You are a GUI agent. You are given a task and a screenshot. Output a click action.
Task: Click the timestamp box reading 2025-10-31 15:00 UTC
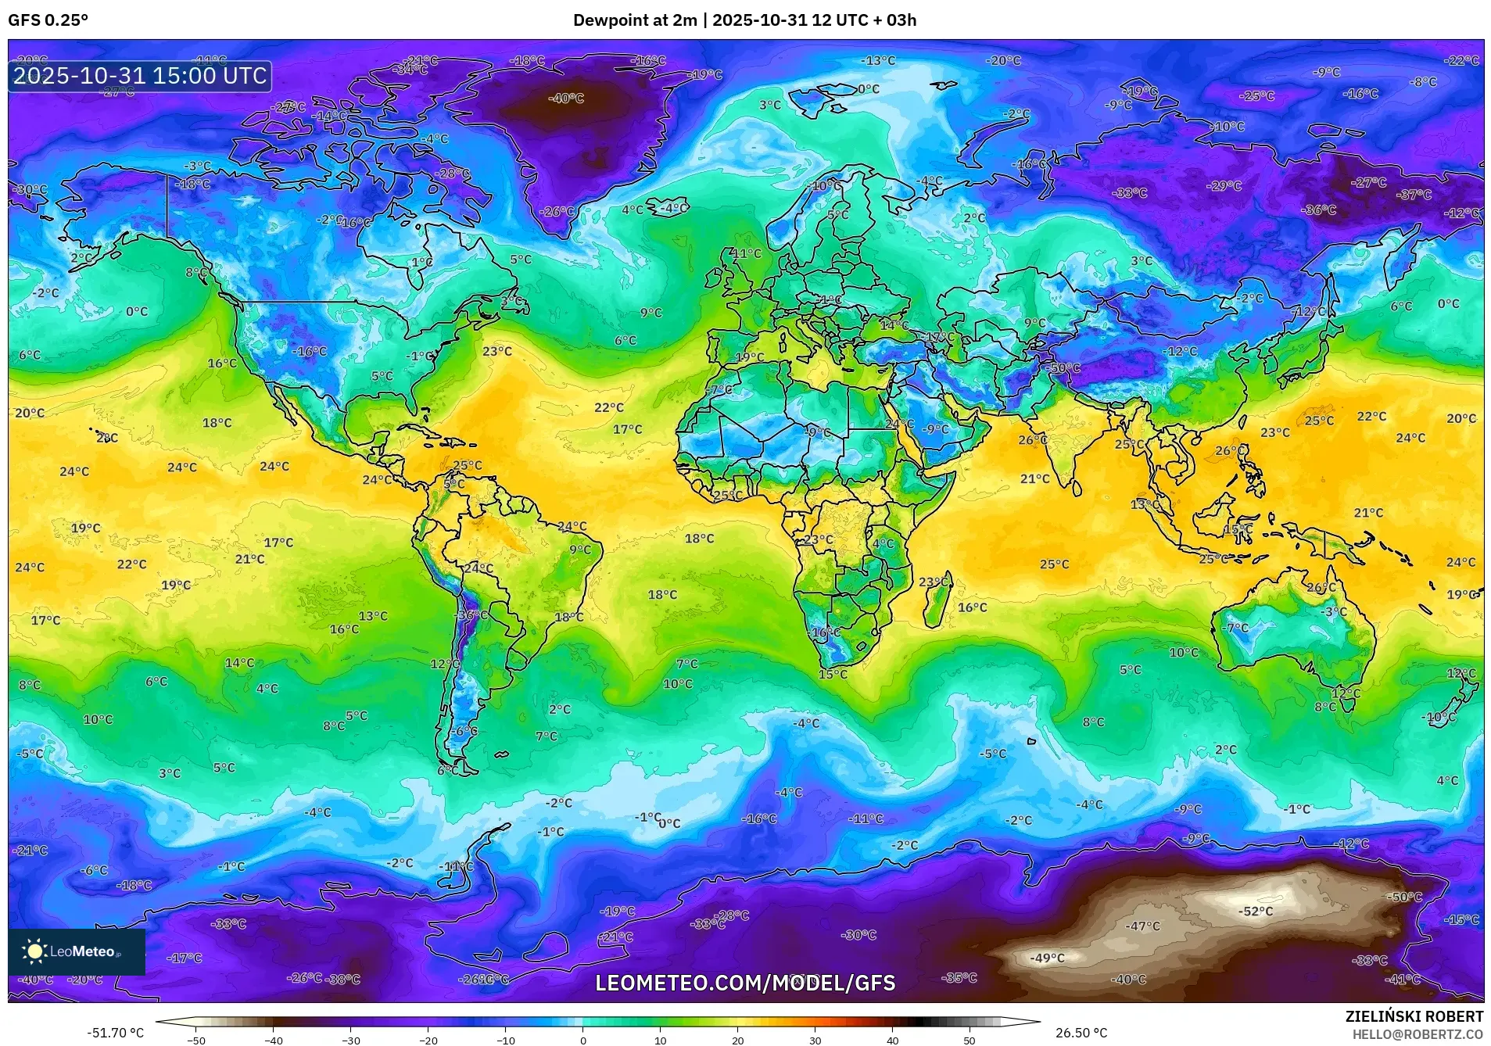pos(140,76)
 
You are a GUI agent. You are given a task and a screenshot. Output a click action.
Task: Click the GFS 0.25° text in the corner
pos(48,20)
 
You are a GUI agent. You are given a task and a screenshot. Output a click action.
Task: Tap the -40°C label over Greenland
pos(565,99)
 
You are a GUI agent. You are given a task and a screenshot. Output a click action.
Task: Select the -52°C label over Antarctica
pos(1255,912)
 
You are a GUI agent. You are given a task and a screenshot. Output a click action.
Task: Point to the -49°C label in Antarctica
pos(1047,958)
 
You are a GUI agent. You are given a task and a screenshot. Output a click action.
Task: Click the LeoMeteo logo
pos(76,951)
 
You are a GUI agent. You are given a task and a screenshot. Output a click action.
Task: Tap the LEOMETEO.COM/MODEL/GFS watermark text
pos(745,983)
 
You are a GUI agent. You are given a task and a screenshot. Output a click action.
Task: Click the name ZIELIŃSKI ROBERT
pos(1414,1017)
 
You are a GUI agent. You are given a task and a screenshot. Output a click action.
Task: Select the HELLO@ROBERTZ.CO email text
pos(1418,1034)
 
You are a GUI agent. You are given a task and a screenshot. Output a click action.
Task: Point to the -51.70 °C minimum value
pos(115,1033)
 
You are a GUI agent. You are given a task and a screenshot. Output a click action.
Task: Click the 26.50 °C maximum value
pos(1081,1033)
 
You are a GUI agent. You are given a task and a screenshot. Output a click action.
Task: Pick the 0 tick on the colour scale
pos(582,1041)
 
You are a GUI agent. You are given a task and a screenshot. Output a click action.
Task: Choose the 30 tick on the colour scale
pos(815,1041)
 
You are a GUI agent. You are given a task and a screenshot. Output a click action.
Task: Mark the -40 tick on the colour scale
pos(273,1041)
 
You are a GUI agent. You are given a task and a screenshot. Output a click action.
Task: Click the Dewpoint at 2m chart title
pos(744,20)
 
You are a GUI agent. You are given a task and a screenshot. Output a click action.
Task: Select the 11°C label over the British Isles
pos(746,253)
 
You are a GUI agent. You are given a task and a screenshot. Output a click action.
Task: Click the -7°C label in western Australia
pos(1235,628)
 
